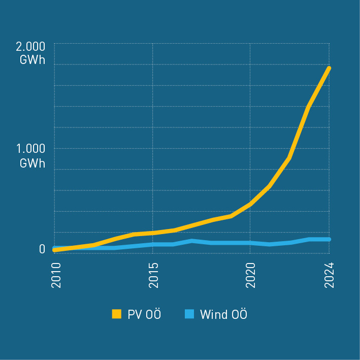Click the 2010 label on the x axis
(x=56, y=276)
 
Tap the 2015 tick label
(x=152, y=276)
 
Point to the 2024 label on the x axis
(x=329, y=276)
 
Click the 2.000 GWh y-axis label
(x=31, y=53)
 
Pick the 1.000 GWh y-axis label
(x=31, y=155)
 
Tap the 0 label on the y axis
(x=42, y=249)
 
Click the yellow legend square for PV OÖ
(x=117, y=314)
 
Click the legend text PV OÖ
(x=144, y=314)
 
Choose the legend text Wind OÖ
(x=223, y=314)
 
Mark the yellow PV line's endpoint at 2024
(x=329, y=68)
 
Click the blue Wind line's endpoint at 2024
(x=329, y=239)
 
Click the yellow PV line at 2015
(x=152, y=233)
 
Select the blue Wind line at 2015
(x=152, y=244)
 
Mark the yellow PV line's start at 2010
(x=54, y=250)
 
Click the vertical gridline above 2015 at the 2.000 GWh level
(x=152, y=44)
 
